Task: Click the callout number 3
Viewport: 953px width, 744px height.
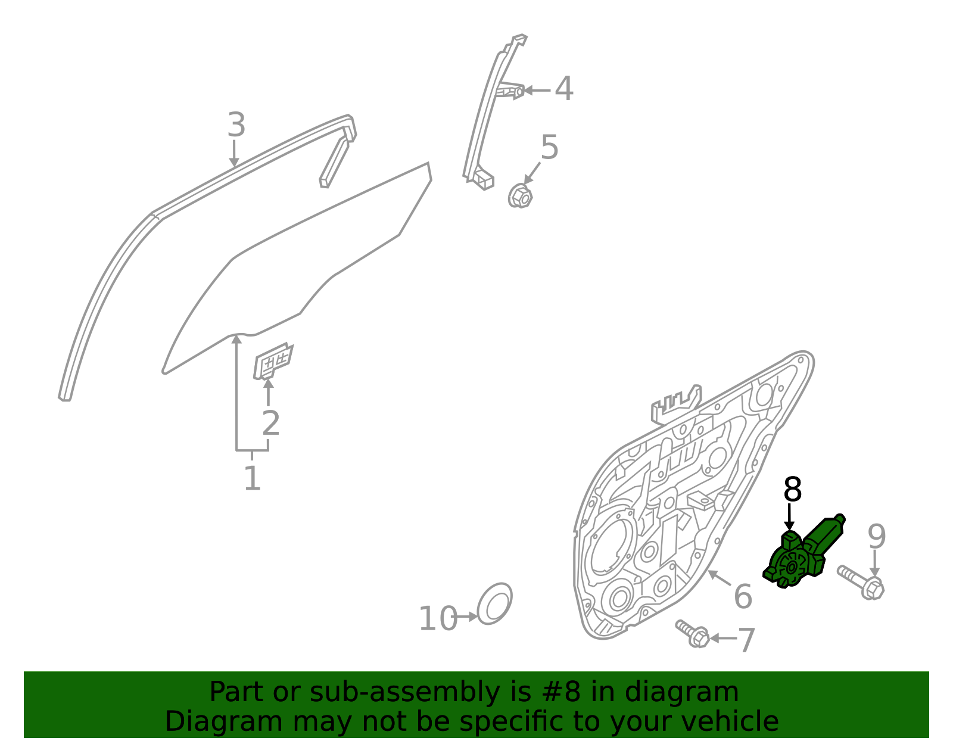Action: click(x=236, y=124)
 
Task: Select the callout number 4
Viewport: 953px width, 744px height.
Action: click(x=563, y=89)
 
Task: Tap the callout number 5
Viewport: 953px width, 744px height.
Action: click(x=550, y=147)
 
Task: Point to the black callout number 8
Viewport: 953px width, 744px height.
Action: click(x=793, y=489)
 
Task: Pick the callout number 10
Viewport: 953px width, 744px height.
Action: click(x=438, y=619)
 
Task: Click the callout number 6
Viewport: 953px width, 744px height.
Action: click(x=743, y=596)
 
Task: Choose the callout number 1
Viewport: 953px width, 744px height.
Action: click(x=252, y=478)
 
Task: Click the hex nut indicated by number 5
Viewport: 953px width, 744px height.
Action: click(x=520, y=196)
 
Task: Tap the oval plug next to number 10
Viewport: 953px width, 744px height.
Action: click(x=494, y=603)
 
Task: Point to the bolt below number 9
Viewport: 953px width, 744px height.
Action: click(x=861, y=583)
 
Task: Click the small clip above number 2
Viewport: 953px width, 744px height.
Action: click(x=273, y=361)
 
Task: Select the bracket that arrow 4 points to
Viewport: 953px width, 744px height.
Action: click(x=510, y=91)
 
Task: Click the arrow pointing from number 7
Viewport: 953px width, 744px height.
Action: click(x=724, y=639)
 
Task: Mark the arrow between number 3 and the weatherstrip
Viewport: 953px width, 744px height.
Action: click(x=234, y=154)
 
